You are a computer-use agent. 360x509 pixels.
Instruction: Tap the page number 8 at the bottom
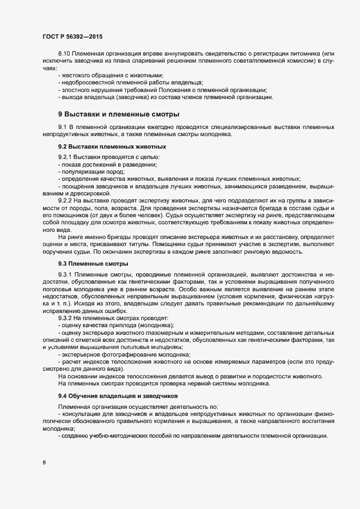pos(44,463)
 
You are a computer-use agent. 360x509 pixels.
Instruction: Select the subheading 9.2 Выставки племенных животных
pos(112,147)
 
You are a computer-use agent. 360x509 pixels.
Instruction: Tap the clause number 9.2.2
pos(66,200)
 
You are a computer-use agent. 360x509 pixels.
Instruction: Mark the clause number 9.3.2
pos(66,317)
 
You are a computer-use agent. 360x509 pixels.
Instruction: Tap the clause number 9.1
pos(62,127)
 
